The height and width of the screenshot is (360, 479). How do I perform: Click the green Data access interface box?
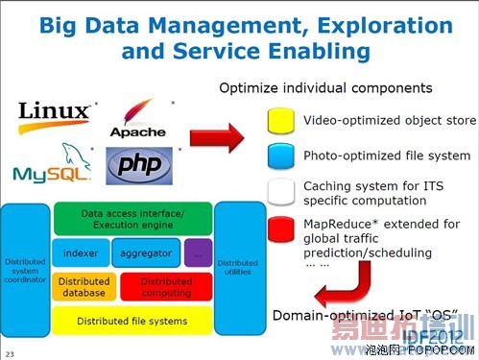tap(132, 218)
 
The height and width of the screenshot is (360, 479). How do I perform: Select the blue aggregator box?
tap(144, 252)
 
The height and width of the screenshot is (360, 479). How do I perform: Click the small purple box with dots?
tap(197, 252)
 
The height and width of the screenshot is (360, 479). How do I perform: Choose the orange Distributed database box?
tap(84, 286)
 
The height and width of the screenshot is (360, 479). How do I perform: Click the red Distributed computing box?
tap(165, 286)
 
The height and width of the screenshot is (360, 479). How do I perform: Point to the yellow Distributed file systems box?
tap(132, 320)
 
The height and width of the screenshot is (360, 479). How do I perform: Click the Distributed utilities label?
tap(237, 267)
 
